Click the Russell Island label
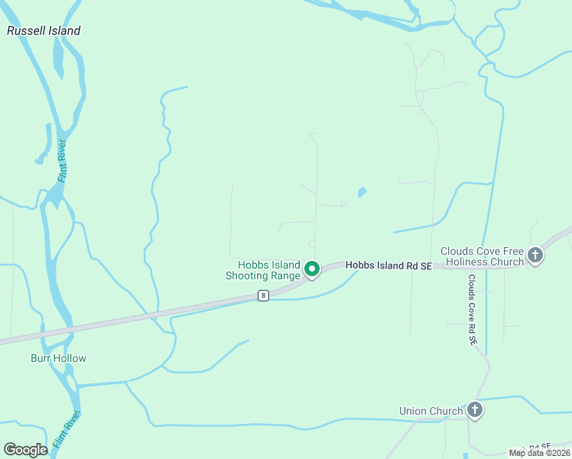coord(44,31)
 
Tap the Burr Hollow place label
coord(58,358)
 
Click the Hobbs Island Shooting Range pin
coord(312,269)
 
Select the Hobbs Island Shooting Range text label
coord(264,270)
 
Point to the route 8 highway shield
coord(263,295)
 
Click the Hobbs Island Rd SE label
coord(388,265)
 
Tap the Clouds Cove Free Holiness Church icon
coord(535,255)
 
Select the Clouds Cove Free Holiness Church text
coord(483,256)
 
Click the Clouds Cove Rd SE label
coord(473,309)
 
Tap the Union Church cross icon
coord(475,411)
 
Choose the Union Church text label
coord(431,412)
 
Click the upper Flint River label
coord(62,160)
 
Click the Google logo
coord(26,449)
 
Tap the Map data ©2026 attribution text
coord(539,453)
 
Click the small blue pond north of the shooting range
coord(362,192)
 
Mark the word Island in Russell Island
coord(63,31)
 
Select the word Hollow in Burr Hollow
coord(70,358)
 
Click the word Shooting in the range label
coord(249,276)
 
